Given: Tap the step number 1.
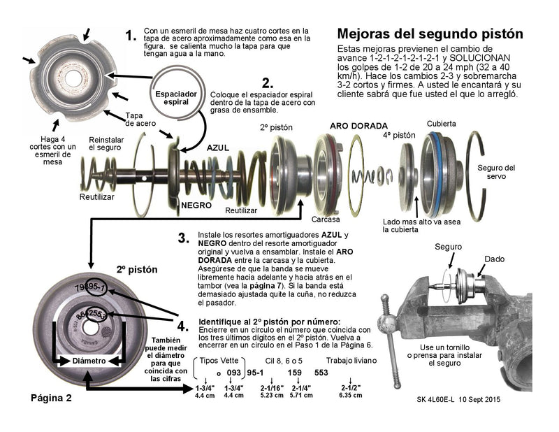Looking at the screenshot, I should pyautogui.click(x=131, y=35).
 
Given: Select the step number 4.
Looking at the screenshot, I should pyautogui.click(x=182, y=326).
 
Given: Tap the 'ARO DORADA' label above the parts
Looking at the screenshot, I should pyautogui.click(x=358, y=126).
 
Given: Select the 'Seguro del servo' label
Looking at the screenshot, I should pyautogui.click(x=500, y=172).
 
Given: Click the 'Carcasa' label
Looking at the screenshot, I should pyautogui.click(x=326, y=218).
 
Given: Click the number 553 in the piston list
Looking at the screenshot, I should pyautogui.click(x=321, y=373).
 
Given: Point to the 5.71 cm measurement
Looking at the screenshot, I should pyautogui.click(x=300, y=395).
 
